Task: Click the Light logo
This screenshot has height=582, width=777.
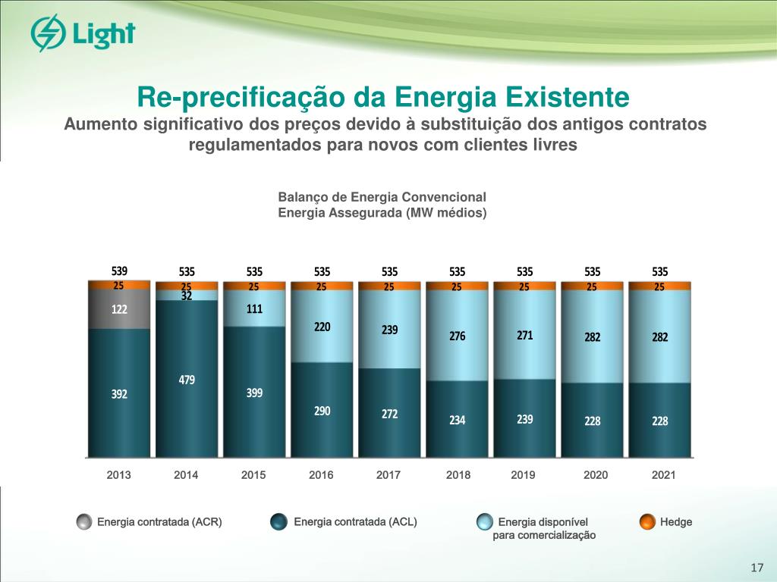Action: [x=83, y=34]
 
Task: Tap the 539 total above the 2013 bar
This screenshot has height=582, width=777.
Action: [x=119, y=271]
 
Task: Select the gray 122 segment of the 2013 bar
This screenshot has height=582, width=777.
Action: [x=119, y=309]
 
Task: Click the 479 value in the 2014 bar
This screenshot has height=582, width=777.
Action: [x=187, y=380]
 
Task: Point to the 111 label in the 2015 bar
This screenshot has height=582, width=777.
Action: [x=254, y=309]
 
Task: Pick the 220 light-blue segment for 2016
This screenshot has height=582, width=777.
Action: [x=322, y=327]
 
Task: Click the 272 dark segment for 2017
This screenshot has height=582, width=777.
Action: [x=389, y=414]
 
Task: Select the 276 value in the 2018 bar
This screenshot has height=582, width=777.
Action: [x=457, y=335]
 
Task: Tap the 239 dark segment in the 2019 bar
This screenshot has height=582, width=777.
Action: [x=524, y=418]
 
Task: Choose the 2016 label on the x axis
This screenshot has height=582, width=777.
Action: [x=321, y=476]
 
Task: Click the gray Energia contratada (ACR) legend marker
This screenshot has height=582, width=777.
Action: [x=84, y=521]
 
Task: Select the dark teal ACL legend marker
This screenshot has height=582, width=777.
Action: [x=278, y=521]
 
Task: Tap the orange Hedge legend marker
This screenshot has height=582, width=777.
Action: [x=647, y=521]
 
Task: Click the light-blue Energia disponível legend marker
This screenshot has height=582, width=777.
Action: [x=484, y=521]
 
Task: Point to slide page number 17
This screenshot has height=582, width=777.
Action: [x=756, y=568]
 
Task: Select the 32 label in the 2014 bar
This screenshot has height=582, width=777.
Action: [x=187, y=296]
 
